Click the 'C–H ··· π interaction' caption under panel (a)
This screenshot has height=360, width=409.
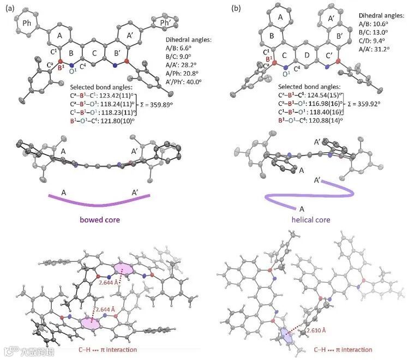click(105, 349)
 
